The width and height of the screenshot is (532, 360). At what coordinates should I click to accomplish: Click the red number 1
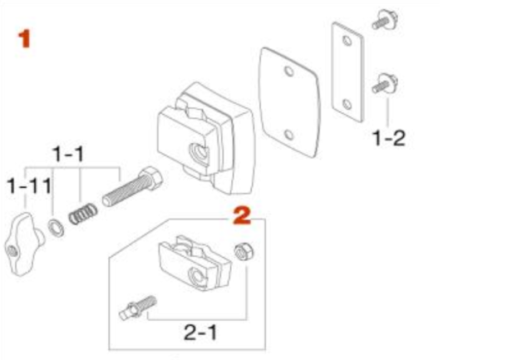pos(24,39)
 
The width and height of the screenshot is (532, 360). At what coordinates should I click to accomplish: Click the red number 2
pos(242,215)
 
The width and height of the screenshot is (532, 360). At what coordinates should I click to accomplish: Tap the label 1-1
pos(68,155)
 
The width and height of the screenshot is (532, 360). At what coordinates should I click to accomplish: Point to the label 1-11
pos(30,186)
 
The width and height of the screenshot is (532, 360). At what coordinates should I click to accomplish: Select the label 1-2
pos(389,138)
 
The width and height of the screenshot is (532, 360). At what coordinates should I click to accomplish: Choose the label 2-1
pos(200,333)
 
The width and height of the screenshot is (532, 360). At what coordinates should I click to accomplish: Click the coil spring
pos(83,214)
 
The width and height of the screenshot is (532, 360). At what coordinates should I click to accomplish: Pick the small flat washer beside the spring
pos(56,228)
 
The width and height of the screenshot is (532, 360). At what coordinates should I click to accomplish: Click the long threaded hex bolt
pos(133,186)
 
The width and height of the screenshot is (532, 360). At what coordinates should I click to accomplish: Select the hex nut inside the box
pos(244,252)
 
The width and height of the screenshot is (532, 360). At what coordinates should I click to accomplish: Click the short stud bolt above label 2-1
pos(139,308)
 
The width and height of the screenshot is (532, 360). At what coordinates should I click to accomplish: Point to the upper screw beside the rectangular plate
pos(386,20)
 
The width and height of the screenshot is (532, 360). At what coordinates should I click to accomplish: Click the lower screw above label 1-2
pos(385,83)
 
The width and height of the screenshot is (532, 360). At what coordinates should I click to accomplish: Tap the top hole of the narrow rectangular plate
pos(347,41)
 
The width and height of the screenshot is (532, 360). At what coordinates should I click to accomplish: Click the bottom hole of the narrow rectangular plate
pos(347,104)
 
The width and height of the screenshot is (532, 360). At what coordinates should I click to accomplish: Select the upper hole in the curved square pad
pos(289,72)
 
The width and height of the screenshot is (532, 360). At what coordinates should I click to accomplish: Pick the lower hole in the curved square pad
pos(289,135)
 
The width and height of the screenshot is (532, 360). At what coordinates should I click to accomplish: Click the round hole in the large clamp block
pos(199,151)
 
